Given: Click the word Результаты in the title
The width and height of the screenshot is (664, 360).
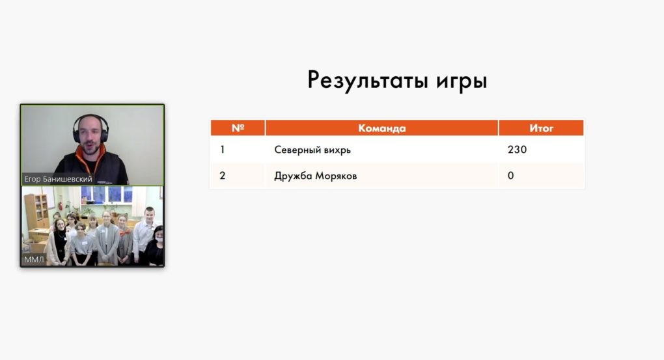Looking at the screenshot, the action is click(x=367, y=80).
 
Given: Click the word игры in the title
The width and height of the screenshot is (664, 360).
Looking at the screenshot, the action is click(x=462, y=81).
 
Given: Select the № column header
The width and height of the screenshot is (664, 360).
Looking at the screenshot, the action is click(x=238, y=128).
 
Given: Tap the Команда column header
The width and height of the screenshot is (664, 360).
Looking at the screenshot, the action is click(x=382, y=128).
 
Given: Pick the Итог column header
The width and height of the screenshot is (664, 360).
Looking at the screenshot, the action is click(x=541, y=128).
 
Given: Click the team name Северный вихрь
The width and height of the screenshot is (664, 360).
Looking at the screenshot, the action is click(x=312, y=150).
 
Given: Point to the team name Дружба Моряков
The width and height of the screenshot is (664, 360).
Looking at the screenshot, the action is click(x=316, y=176).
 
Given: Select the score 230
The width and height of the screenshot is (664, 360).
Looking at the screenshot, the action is click(x=517, y=150).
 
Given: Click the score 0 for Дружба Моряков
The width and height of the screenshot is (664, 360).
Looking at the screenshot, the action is click(x=511, y=176).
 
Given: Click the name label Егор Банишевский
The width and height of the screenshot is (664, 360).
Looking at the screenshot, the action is click(x=58, y=179).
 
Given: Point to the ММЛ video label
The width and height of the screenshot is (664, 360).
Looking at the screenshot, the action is click(x=34, y=259).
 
